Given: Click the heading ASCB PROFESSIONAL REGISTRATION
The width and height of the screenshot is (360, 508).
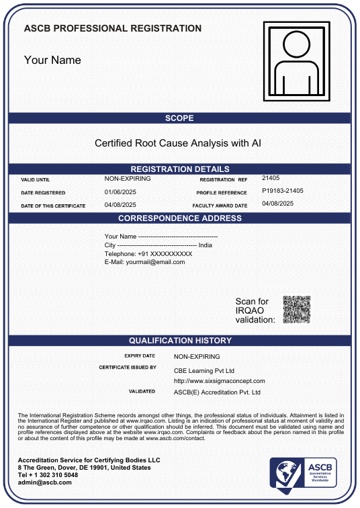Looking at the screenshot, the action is point(112,28).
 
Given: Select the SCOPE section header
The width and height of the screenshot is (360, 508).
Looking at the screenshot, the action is point(179,118).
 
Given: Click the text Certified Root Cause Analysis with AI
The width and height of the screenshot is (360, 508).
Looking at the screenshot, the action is point(178,143).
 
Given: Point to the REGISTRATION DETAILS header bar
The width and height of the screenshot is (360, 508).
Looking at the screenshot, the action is point(179,169).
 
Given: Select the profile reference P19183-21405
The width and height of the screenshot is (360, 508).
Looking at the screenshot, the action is point(282,191).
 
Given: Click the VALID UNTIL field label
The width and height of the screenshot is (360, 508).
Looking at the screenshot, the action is point(36,180).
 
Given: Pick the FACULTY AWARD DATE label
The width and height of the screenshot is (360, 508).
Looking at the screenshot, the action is point(220,206).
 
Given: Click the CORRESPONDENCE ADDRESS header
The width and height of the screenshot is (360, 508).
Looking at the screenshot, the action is point(179,218).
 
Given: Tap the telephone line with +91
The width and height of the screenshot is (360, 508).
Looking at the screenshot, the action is point(148,254).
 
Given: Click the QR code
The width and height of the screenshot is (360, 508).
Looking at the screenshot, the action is point(296,310).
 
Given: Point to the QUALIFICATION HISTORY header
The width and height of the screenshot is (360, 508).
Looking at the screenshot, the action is point(179,341).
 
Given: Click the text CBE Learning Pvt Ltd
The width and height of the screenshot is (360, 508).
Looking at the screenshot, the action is point(204,371).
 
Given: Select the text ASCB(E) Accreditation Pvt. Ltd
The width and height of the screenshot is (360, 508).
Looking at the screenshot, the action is point(217,392).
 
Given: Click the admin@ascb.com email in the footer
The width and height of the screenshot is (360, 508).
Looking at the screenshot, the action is point(41,482).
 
